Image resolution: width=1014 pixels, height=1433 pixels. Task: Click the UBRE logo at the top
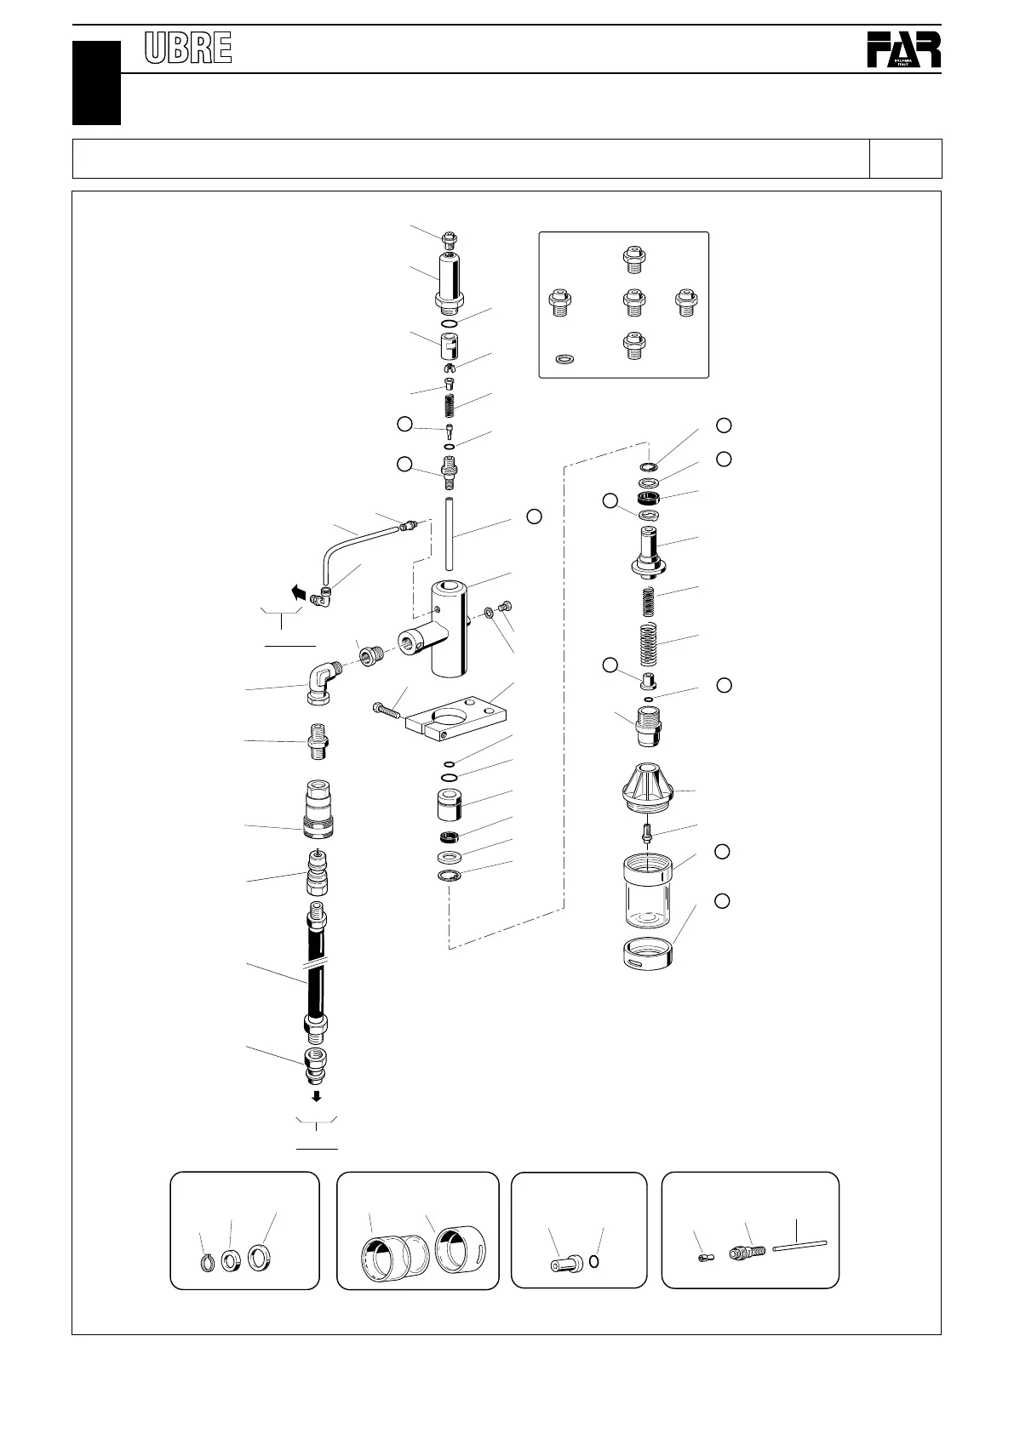coord(188,49)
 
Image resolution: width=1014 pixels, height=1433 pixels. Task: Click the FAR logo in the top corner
coord(904,50)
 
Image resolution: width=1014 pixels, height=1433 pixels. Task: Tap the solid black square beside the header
coord(96,83)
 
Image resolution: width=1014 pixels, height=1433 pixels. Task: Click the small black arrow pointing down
coord(316,1095)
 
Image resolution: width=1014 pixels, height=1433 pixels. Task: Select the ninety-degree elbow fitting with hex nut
coord(322,680)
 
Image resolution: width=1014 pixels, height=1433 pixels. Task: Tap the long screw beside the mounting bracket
coord(390,708)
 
